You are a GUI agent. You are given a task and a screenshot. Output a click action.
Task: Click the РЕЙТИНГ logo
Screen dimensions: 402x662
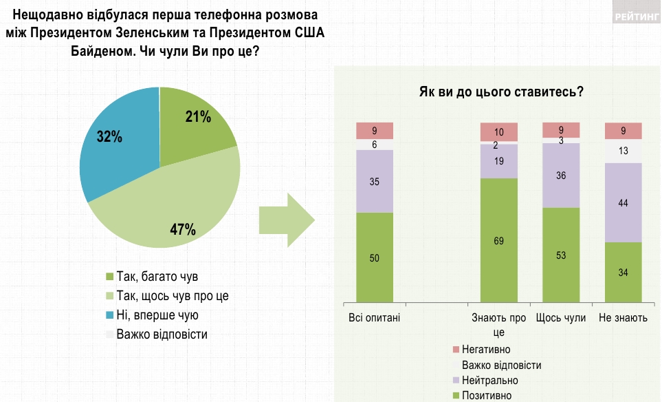635,15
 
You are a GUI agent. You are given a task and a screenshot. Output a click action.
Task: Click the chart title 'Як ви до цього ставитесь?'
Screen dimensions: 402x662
501,92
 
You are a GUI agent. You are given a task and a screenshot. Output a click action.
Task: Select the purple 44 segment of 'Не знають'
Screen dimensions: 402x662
623,202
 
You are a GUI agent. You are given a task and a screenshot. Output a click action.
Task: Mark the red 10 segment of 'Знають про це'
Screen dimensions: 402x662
498,131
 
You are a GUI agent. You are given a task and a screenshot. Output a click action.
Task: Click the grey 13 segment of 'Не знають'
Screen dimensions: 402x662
623,151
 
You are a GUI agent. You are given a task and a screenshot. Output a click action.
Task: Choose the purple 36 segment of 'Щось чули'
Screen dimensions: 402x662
561,175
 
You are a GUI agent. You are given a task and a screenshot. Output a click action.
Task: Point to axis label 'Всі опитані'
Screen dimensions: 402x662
375,318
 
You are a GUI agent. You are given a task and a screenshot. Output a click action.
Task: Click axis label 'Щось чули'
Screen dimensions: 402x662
561,318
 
